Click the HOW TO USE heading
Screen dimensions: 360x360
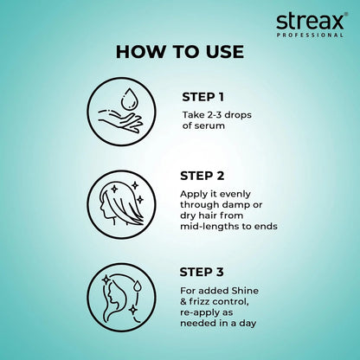180,51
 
